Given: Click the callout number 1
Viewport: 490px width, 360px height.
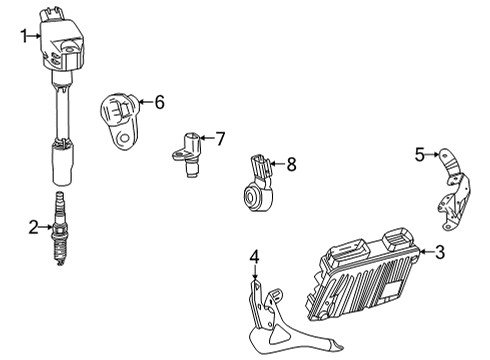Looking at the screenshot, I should pyautogui.click(x=23, y=36).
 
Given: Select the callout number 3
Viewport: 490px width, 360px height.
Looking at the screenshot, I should pyautogui.click(x=441, y=252).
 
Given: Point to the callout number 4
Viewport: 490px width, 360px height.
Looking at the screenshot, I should pyautogui.click(x=254, y=258).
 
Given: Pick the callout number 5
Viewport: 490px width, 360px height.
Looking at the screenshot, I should pyautogui.click(x=421, y=153).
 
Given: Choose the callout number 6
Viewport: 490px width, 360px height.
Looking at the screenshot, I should pyautogui.click(x=159, y=101).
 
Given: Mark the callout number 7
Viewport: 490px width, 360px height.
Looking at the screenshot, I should pyautogui.click(x=220, y=137).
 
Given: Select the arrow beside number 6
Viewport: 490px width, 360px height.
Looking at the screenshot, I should pyautogui.click(x=144, y=101).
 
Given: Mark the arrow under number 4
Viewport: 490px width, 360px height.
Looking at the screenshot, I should pyautogui.click(x=254, y=277).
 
